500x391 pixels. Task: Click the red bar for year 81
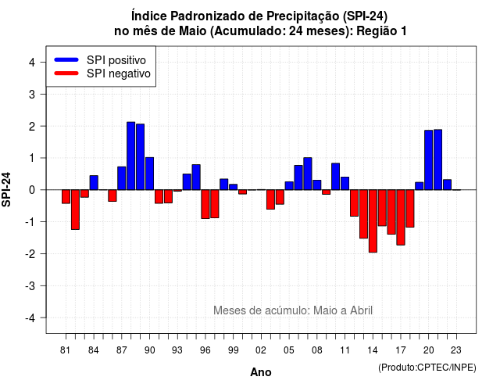click(x=66, y=196)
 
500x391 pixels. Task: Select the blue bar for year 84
click(x=94, y=182)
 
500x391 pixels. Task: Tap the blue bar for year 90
click(x=149, y=174)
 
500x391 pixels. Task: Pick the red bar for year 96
click(x=205, y=204)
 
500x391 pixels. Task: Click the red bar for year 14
click(x=373, y=221)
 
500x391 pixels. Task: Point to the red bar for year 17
click(x=401, y=217)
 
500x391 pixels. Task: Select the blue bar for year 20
click(x=429, y=160)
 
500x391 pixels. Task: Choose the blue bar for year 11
click(x=345, y=184)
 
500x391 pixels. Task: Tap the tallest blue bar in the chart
click(x=130, y=156)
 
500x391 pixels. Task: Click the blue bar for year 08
click(x=317, y=185)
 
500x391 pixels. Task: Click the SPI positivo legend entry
click(x=100, y=60)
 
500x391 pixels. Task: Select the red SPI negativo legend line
click(x=66, y=74)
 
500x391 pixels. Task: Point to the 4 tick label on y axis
click(x=32, y=63)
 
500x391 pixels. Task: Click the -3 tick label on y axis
click(x=30, y=286)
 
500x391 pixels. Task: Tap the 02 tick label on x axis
click(x=261, y=350)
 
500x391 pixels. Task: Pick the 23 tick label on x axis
click(x=456, y=350)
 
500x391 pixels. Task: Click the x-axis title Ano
click(x=261, y=372)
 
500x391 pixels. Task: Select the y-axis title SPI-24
click(x=6, y=189)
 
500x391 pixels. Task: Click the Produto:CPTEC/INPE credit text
click(x=427, y=368)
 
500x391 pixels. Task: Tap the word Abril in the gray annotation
click(x=361, y=310)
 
